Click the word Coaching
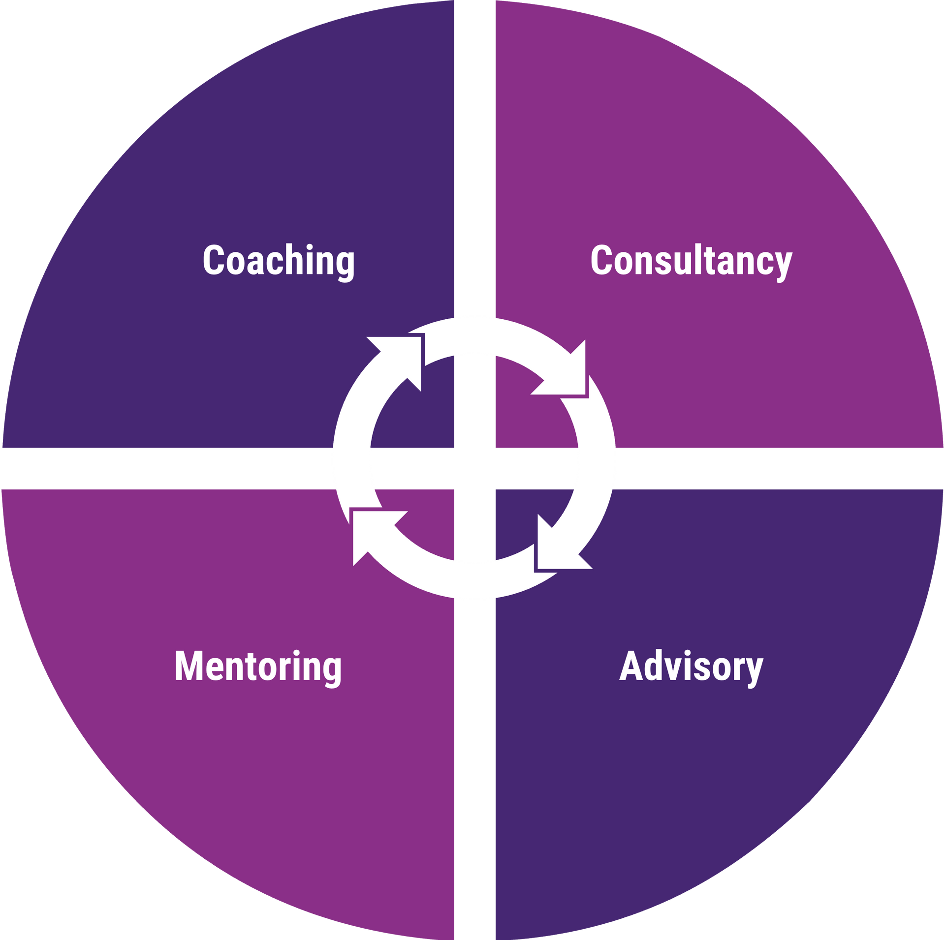click(279, 263)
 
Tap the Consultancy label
click(692, 263)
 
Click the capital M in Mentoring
click(189, 666)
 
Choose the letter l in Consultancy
click(698, 259)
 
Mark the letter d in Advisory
click(653, 665)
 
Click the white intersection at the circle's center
click(474, 468)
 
